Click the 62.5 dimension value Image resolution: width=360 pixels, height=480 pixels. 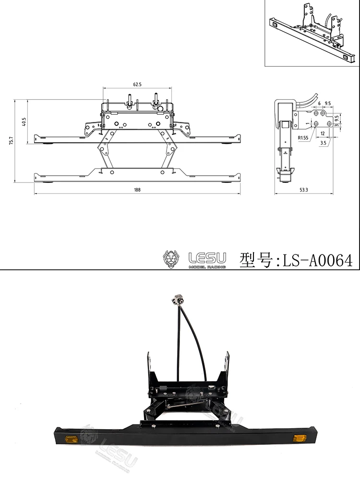[137, 84]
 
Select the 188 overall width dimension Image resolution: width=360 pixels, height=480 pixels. [137, 190]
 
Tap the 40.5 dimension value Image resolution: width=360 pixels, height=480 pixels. [24, 121]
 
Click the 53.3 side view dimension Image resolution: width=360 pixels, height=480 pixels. [303, 190]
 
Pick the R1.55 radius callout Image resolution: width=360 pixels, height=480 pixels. [302, 138]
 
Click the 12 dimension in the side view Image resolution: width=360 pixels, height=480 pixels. [323, 133]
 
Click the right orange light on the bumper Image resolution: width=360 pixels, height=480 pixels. [300, 438]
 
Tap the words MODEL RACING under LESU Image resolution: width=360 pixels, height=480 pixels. [207, 266]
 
